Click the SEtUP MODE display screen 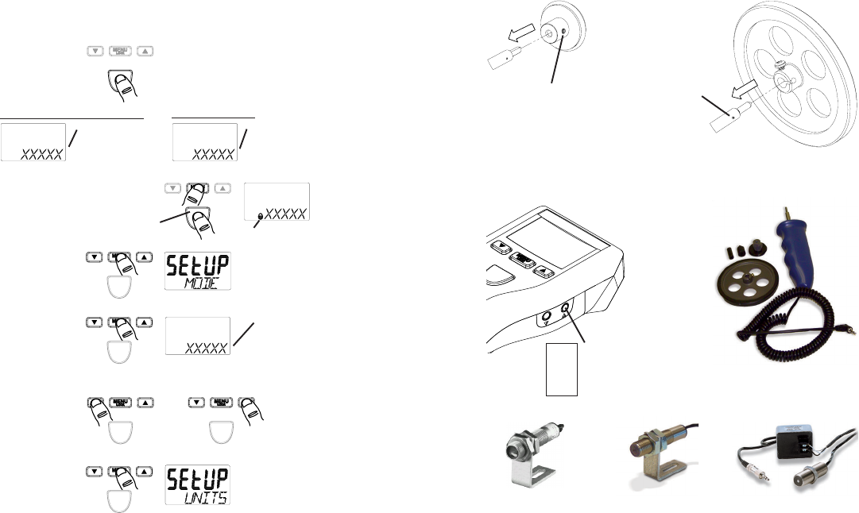198,271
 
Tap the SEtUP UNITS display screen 198,484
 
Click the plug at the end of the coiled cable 850,327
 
